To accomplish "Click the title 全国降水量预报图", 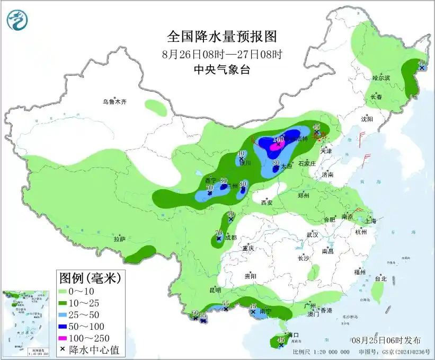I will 222,37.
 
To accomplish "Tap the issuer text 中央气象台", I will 221,69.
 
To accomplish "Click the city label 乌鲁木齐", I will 115,102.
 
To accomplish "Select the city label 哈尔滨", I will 380,78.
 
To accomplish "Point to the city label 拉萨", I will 119,239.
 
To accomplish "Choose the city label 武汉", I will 312,234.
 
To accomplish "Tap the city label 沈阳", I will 367,119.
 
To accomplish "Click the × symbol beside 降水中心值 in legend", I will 64,349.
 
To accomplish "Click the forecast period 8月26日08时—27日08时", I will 222,54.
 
